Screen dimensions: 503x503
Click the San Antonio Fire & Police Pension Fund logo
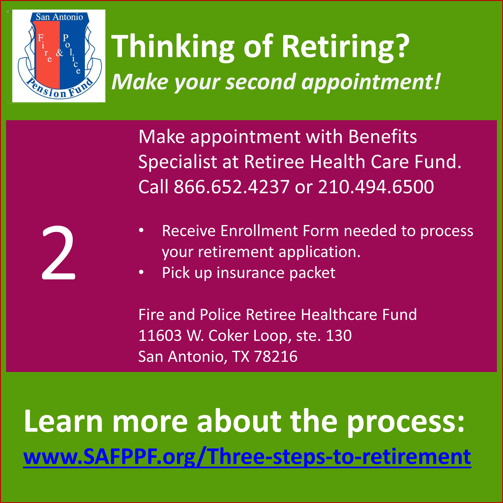click(x=59, y=56)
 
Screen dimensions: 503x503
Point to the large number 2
click(x=59, y=253)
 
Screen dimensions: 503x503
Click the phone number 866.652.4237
click(x=231, y=187)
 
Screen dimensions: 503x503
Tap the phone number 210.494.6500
click(x=376, y=187)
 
